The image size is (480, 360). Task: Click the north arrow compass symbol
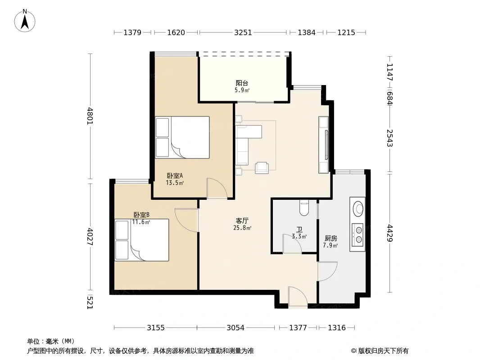(25, 21)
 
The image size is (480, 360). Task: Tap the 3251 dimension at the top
(243, 32)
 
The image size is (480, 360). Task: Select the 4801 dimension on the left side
(90, 116)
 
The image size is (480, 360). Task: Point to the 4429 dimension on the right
(389, 233)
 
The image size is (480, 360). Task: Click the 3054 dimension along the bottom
(235, 328)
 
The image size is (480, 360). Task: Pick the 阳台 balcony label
(242, 83)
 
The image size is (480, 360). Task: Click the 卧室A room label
(175, 176)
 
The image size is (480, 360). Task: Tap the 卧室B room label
(141, 215)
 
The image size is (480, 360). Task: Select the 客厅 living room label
(242, 220)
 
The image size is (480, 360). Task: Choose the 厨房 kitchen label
(331, 238)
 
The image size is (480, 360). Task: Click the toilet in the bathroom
(304, 208)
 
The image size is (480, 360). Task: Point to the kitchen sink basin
(358, 209)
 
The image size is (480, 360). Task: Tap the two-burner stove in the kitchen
(358, 235)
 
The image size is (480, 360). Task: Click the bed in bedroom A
(182, 137)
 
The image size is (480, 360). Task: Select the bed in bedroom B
(142, 240)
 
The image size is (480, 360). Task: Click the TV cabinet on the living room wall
(324, 144)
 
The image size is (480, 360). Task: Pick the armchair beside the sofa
(262, 167)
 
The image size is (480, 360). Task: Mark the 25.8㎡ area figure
(242, 228)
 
